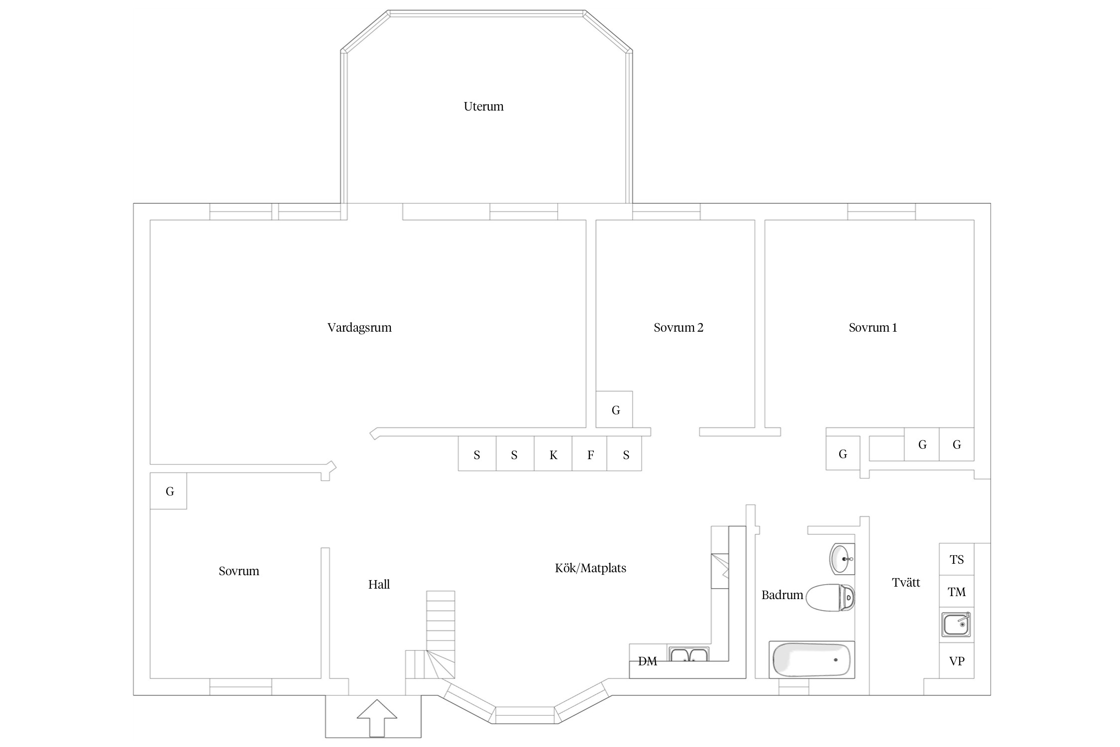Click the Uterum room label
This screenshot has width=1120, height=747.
click(483, 107)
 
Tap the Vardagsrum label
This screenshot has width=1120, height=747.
click(359, 328)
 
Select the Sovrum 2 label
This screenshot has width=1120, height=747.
click(678, 328)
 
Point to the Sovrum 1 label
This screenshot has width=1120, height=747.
click(873, 328)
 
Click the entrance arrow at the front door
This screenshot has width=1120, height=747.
click(377, 718)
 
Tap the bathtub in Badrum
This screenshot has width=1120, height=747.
click(812, 660)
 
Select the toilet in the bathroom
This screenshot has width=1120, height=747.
click(830, 598)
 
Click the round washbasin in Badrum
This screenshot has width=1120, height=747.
click(842, 559)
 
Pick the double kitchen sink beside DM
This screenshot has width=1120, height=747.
click(689, 654)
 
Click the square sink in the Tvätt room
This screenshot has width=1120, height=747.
click(956, 624)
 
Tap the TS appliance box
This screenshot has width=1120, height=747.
click(956, 559)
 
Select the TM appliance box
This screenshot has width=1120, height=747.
click(956, 592)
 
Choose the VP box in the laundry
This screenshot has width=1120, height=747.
click(956, 661)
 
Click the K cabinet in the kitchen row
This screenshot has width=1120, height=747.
click(553, 454)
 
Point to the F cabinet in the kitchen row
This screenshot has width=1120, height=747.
click(590, 454)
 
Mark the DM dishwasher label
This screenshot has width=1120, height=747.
click(648, 661)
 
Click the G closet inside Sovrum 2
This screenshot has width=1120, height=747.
click(614, 409)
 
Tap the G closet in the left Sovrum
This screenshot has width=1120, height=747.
click(168, 491)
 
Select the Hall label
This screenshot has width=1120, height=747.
click(379, 585)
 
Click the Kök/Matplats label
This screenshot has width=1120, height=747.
click(590, 568)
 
